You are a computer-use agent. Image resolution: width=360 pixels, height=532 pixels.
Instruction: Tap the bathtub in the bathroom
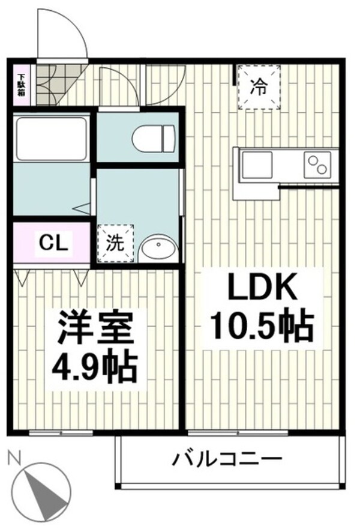pos(51,138)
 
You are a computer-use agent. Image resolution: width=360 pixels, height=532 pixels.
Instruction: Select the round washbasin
pos(158,247)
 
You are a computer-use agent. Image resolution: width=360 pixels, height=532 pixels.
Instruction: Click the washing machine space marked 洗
pos(115,243)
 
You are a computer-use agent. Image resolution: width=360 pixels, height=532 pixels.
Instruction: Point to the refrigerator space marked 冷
pos(257,88)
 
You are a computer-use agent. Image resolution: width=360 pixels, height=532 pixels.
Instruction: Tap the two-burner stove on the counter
pos(317,163)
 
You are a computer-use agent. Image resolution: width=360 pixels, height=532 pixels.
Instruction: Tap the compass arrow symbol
pos(43,495)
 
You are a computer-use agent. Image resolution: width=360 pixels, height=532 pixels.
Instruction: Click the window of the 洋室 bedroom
pos(60,432)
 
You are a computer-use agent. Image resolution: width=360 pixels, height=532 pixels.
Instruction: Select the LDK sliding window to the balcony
pos(237,432)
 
